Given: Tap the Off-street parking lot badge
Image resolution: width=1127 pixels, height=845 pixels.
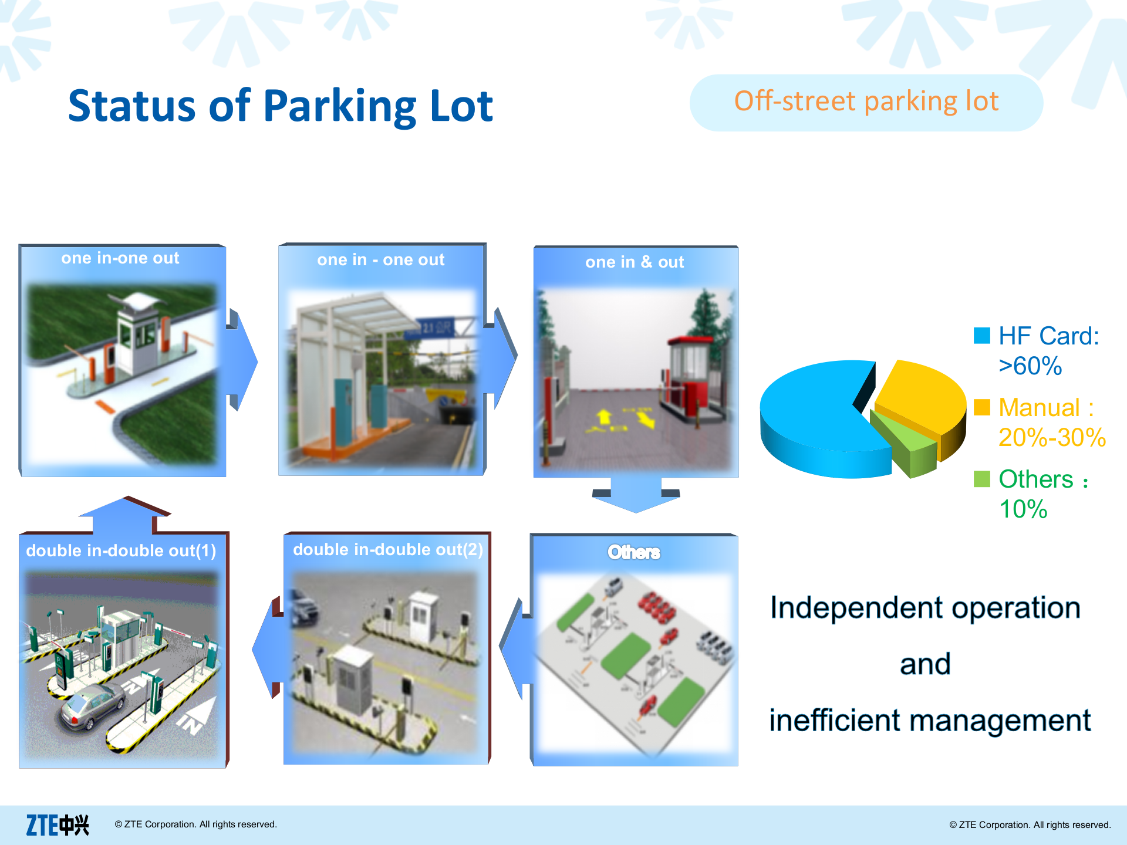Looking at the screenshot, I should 866,102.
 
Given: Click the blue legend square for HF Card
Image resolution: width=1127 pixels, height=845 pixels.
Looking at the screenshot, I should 981,336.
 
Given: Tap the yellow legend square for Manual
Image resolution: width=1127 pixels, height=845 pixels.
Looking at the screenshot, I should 981,407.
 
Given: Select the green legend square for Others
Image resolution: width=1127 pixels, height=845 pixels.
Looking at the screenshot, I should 981,479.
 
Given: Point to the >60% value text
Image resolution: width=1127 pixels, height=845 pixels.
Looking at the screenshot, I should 1030,366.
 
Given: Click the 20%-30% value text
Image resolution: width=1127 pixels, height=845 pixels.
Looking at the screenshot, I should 1052,438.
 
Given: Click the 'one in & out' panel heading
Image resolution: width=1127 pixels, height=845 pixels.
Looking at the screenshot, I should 635,262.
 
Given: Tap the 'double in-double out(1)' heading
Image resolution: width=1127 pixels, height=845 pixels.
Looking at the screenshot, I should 121,551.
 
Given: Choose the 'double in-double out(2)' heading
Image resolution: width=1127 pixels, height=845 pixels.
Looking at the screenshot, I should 387,550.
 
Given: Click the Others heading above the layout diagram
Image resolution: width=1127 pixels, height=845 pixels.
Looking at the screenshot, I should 634,552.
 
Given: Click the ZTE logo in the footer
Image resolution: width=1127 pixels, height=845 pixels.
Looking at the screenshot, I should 58,825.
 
